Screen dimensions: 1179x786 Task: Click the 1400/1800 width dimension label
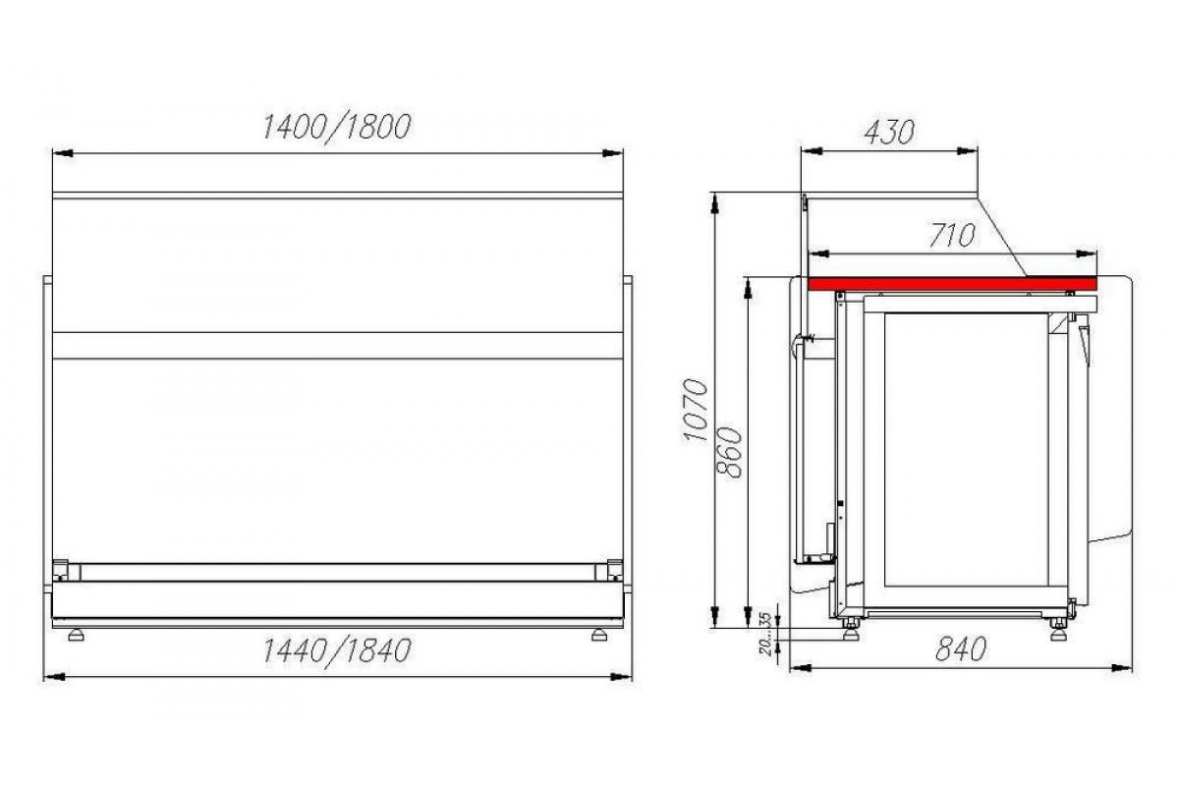pos(337,128)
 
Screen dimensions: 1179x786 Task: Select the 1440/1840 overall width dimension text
pos(337,651)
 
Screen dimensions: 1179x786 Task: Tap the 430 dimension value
pos(889,132)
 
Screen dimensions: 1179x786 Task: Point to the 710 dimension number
pos(952,236)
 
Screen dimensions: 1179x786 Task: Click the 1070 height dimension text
pos(696,410)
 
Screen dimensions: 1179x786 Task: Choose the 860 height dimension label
pos(731,453)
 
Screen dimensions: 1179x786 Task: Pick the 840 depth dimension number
pos(961,649)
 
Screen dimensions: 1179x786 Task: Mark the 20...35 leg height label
pos(766,634)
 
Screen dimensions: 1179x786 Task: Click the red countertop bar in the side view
pos(952,284)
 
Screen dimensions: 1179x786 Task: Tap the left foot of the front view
pos(77,635)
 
